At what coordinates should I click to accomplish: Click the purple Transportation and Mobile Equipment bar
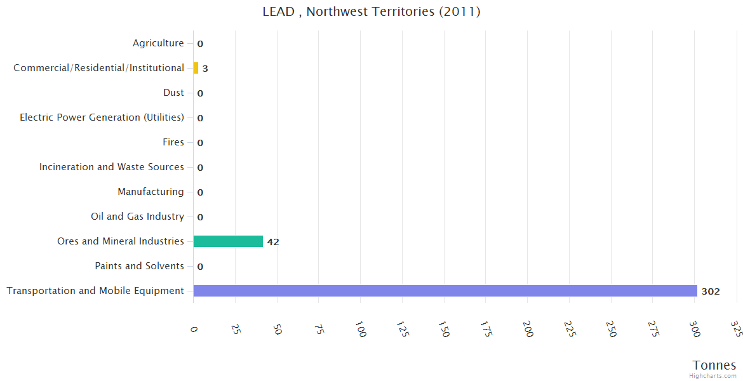[445, 291]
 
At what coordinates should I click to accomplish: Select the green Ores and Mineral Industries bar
[228, 241]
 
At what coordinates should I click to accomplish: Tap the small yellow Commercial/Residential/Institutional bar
[196, 68]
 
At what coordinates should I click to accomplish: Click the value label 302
[710, 291]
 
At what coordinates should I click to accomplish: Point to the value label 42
[273, 242]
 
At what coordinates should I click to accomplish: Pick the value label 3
[205, 69]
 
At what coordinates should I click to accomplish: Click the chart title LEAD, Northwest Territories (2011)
[371, 12]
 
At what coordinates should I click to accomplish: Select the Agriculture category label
[158, 43]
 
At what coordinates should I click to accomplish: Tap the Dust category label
[173, 93]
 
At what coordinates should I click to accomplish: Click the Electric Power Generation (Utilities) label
[102, 117]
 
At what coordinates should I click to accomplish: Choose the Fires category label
[173, 142]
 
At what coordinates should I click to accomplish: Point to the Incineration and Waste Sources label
[112, 167]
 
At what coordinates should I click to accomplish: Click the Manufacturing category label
[151, 192]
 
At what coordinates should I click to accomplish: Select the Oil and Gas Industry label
[137, 217]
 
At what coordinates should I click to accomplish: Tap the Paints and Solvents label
[139, 266]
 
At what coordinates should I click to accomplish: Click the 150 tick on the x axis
[444, 330]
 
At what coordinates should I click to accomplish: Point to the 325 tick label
[736, 328]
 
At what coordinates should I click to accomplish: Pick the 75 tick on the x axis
[319, 328]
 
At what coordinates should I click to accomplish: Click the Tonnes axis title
[714, 365]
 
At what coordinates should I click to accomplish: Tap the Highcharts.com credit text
[713, 376]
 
